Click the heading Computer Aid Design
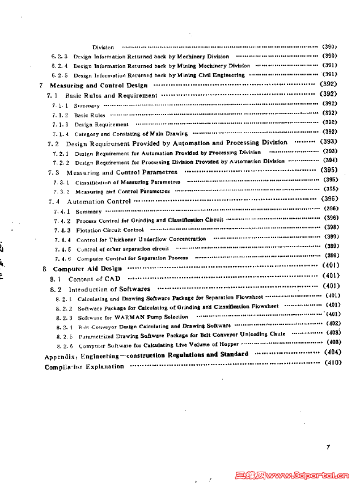(87, 269)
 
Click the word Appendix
(60, 357)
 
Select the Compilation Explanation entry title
(84, 367)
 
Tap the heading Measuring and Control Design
(99, 86)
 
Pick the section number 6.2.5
(60, 75)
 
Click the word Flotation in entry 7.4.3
(88, 231)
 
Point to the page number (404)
(332, 352)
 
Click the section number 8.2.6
(65, 346)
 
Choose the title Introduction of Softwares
(109, 290)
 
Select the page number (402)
(332, 323)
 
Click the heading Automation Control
(99, 201)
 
